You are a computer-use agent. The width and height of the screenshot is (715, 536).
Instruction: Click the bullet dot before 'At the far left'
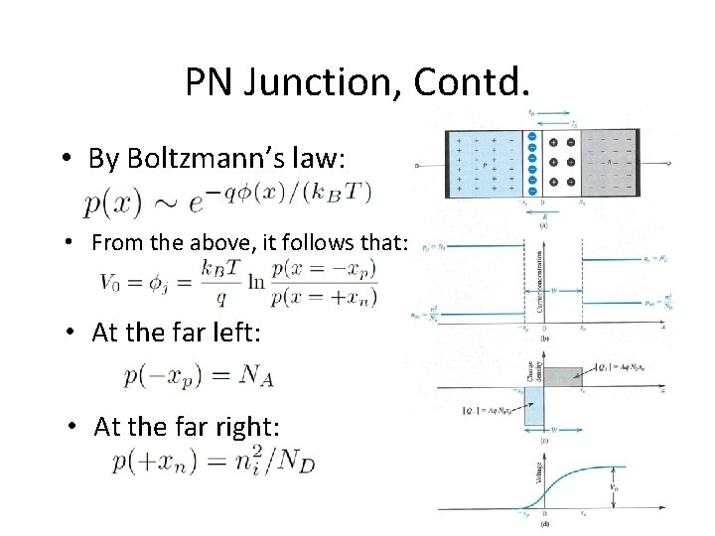tap(72, 334)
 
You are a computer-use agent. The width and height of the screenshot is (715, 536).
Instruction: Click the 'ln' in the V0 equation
tap(256, 282)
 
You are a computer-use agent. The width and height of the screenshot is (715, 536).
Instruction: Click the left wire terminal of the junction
tap(419, 164)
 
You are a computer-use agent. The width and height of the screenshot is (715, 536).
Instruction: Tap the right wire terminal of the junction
tap(671, 164)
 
